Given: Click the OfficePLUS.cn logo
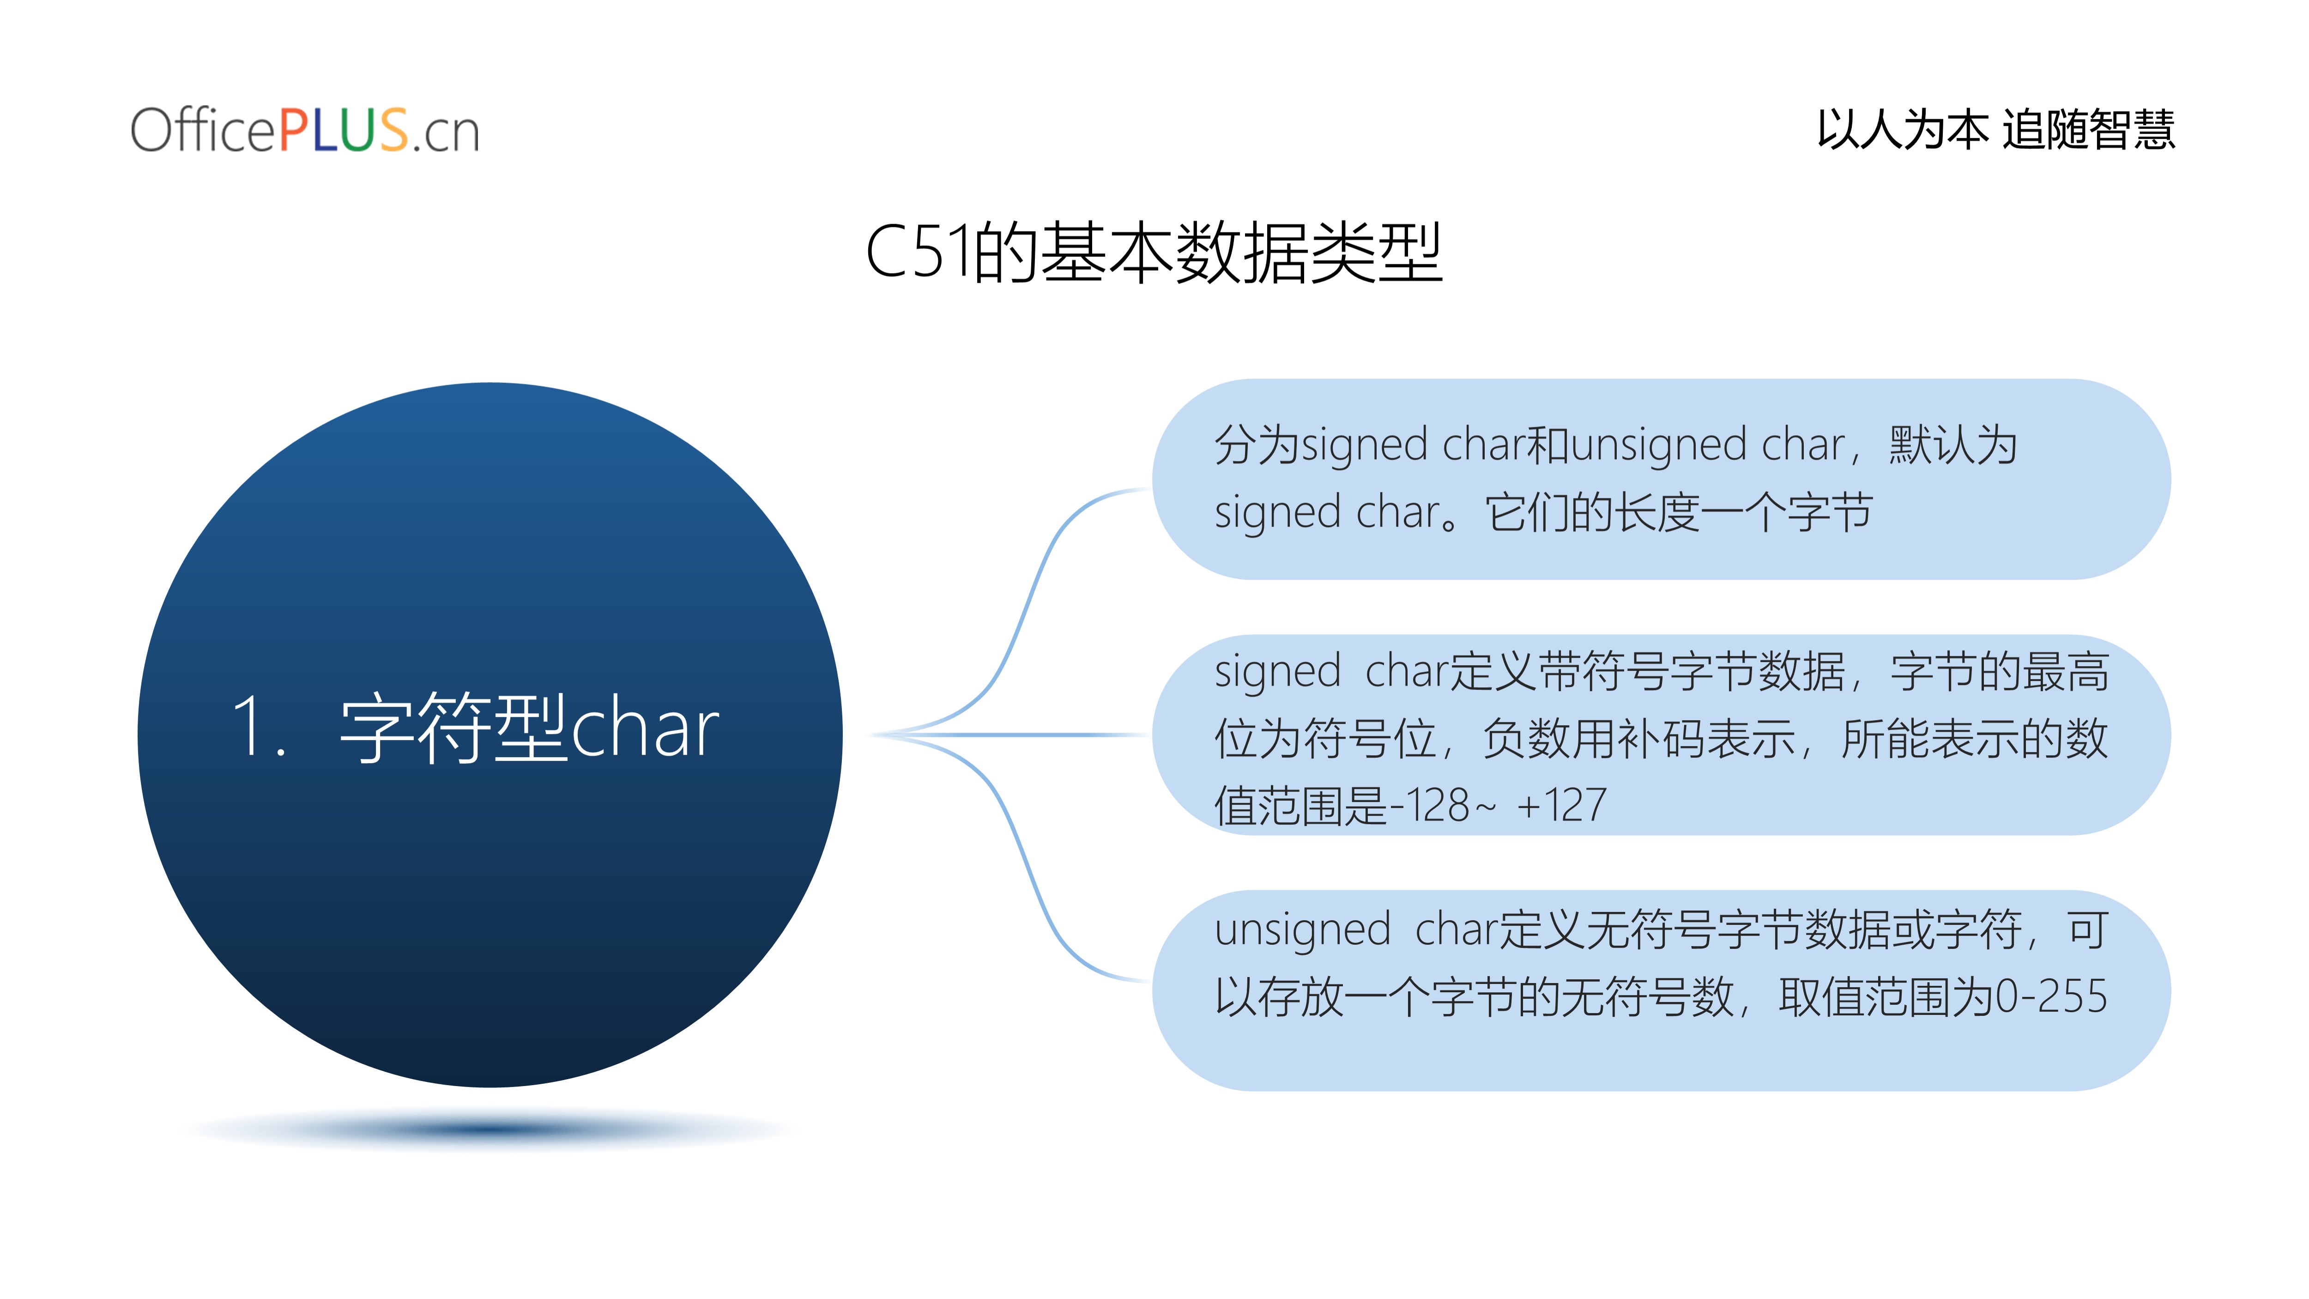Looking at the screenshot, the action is [305, 130].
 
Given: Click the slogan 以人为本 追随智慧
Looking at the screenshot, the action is [1995, 129].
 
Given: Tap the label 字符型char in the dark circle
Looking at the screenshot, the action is [529, 728].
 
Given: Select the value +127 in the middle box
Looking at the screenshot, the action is [1561, 805].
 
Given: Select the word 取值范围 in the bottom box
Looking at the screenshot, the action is [1866, 997].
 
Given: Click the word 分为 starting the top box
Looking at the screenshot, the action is [1257, 445].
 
